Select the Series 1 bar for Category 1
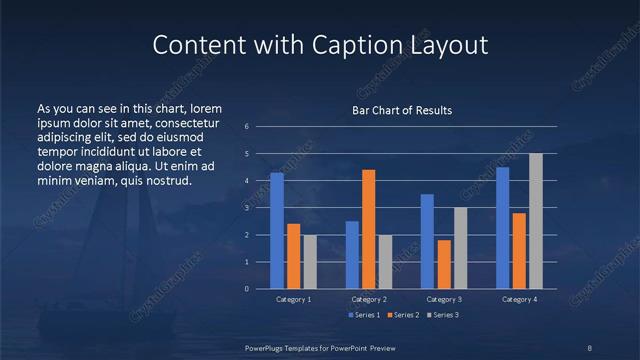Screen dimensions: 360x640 277,230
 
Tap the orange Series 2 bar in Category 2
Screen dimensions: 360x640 368,229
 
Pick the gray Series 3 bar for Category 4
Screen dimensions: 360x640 536,221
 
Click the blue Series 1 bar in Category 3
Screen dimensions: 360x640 427,241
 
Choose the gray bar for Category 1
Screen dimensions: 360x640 309,261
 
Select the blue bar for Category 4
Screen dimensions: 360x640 503,227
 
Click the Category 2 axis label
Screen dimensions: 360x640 369,299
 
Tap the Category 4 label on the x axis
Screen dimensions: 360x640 519,299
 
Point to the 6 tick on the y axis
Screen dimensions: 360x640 246,127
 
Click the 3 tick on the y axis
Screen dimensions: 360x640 246,208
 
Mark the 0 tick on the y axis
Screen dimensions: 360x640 246,289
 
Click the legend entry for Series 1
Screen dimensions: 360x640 364,315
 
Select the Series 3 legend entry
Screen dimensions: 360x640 443,315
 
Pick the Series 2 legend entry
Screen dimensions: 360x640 404,315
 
